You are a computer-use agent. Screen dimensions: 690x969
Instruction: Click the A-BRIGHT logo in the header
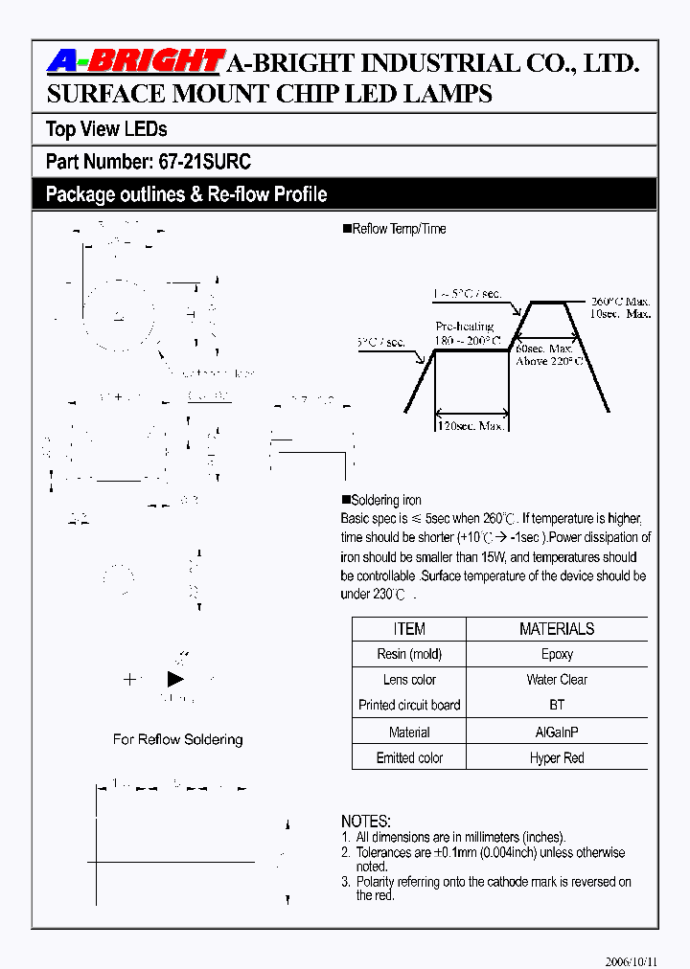135,62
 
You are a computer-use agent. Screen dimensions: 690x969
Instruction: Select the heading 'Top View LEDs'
106,129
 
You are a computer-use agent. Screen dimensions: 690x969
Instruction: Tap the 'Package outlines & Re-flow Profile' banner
186,194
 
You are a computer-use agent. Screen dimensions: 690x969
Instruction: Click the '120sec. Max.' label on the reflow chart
470,425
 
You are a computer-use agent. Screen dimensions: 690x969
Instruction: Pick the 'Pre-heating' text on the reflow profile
465,327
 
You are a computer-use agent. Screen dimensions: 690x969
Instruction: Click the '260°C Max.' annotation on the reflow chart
621,300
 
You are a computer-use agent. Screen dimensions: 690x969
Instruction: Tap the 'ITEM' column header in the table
409,629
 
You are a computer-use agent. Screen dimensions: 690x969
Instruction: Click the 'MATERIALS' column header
557,629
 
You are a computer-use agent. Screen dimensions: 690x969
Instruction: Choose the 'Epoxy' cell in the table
557,654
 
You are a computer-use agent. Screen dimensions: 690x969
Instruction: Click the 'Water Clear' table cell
557,680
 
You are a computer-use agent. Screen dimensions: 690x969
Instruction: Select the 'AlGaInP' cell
557,732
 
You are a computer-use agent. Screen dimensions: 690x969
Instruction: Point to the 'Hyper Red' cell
557,757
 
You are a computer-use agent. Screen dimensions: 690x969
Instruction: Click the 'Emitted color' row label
409,757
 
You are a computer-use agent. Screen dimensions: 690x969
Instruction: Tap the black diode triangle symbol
175,679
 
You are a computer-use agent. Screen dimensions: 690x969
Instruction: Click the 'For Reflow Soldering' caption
177,739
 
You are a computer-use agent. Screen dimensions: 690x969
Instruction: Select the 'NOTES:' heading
366,822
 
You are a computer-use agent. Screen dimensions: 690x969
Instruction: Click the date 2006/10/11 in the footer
632,960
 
